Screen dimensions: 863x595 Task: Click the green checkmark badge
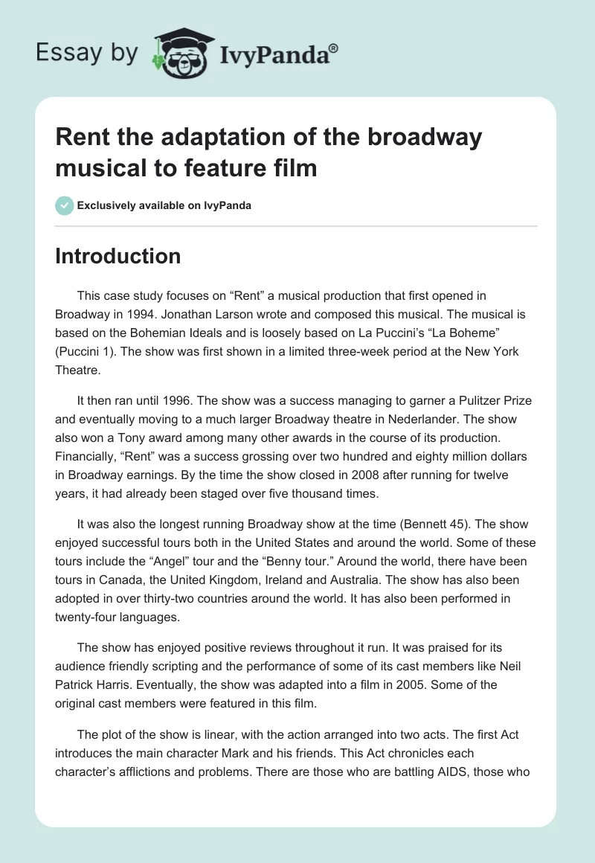coord(65,205)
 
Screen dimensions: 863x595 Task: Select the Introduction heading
coord(118,256)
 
